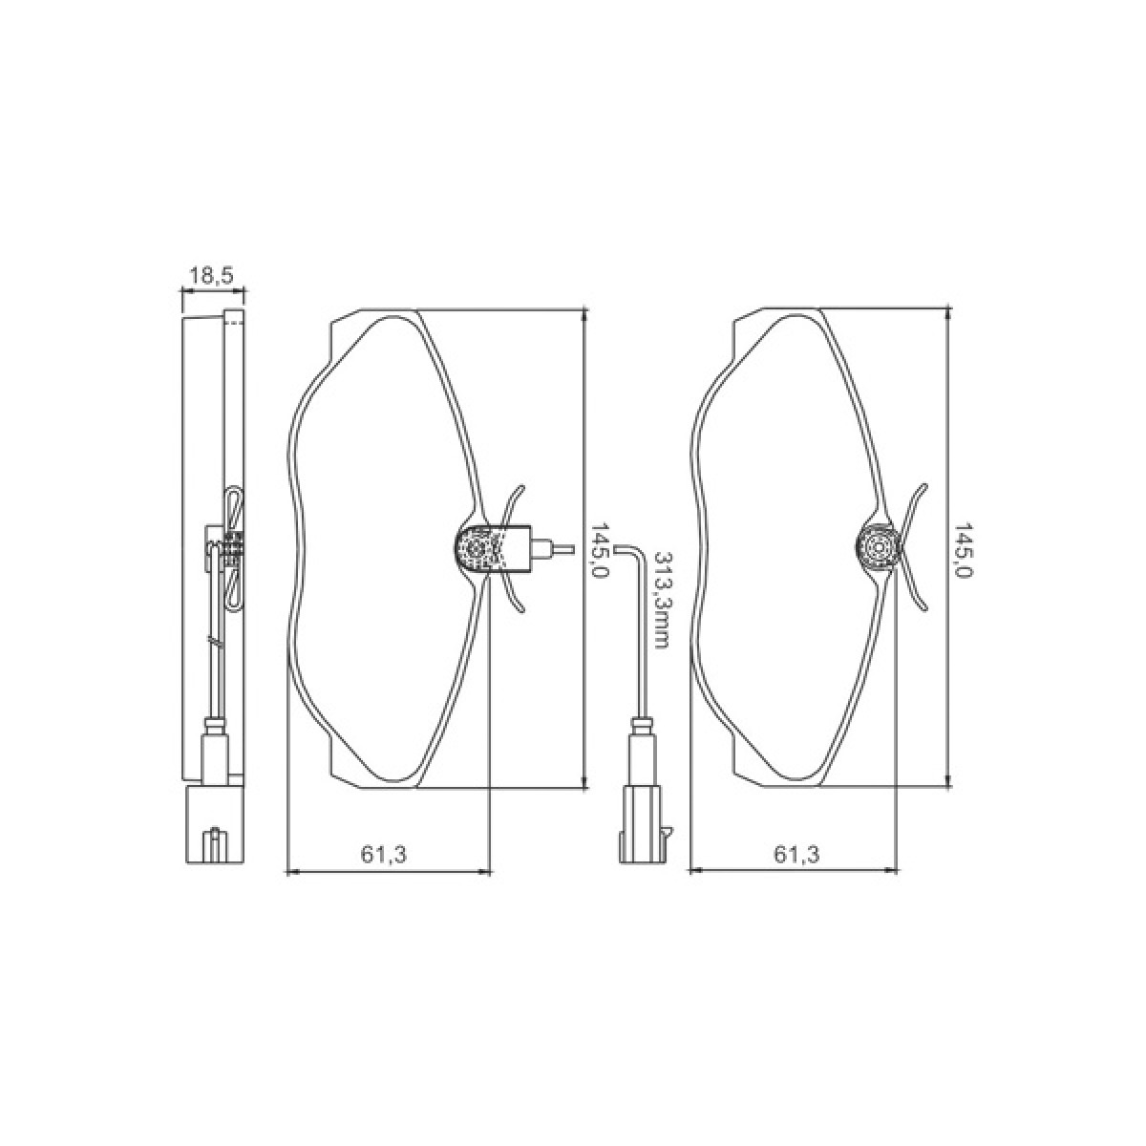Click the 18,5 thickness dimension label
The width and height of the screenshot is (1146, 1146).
point(213,276)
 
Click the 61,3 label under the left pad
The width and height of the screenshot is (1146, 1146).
point(384,854)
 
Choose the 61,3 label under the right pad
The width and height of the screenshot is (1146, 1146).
point(796,854)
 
